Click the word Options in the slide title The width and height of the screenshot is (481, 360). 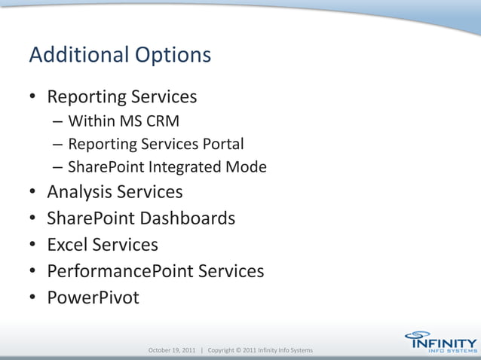coord(173,56)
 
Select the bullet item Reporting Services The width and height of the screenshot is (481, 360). coord(122,98)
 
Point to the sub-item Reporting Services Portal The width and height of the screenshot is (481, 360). coord(156,144)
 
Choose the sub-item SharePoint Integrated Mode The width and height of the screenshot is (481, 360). coord(167,167)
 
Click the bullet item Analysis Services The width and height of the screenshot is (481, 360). coord(115,192)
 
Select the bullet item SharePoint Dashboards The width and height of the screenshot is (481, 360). coord(141,218)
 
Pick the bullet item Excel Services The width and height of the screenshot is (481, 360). coord(103,245)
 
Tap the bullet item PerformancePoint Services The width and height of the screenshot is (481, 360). coord(155,271)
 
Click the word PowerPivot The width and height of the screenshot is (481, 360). coord(93,297)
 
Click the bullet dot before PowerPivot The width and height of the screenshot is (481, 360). coord(33,298)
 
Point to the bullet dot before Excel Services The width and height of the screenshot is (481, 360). coord(33,246)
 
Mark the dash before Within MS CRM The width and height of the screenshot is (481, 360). coord(58,122)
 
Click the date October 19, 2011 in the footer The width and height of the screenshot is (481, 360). coord(173,351)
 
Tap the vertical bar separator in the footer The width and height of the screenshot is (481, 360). coord(202,351)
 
